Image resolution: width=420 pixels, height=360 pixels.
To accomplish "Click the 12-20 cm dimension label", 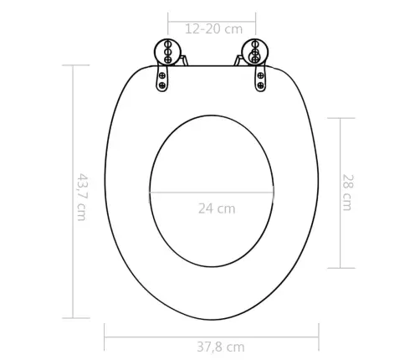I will click(213, 28).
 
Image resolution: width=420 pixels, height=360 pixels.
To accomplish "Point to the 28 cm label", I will click(346, 192).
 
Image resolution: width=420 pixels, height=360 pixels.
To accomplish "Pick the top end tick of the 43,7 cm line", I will click(74, 67).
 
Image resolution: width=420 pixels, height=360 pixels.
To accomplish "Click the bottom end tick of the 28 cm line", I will click(340, 268).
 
